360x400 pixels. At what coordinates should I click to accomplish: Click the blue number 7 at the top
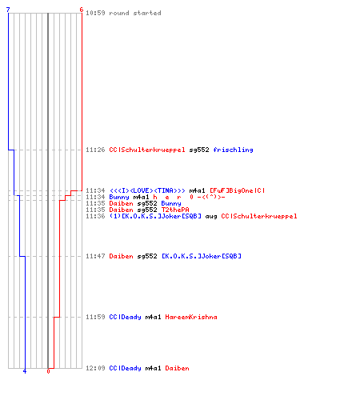pos(8,10)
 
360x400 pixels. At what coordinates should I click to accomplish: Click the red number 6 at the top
pos(82,10)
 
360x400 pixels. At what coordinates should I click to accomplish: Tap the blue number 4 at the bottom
pos(25,371)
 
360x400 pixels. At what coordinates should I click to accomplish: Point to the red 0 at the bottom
pos(48,371)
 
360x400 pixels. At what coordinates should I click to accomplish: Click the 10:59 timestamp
pos(95,13)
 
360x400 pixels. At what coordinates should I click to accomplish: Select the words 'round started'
pos(135,13)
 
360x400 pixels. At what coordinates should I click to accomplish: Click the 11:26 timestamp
pos(95,150)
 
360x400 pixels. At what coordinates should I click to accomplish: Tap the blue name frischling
pos(233,150)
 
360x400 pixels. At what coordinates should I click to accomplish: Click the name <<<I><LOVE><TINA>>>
pos(147,190)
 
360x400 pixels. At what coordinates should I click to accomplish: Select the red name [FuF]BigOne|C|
pos(238,190)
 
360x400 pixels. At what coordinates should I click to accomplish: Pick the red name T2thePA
pos(175,210)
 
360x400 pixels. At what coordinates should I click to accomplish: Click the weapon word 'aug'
pos(211,216)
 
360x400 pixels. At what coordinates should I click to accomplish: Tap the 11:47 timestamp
pos(95,256)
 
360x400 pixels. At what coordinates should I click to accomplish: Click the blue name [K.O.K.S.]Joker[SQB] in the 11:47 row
pos(202,256)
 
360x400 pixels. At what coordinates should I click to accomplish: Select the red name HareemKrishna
pos(191,317)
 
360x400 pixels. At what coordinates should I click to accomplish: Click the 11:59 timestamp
pos(95,317)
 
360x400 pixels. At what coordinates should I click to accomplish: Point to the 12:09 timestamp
pos(95,368)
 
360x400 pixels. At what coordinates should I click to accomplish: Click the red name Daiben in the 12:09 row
pos(177,368)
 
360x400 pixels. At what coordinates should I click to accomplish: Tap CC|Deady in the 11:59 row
pos(125,317)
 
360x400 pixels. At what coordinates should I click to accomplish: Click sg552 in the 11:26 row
pos(199,150)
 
